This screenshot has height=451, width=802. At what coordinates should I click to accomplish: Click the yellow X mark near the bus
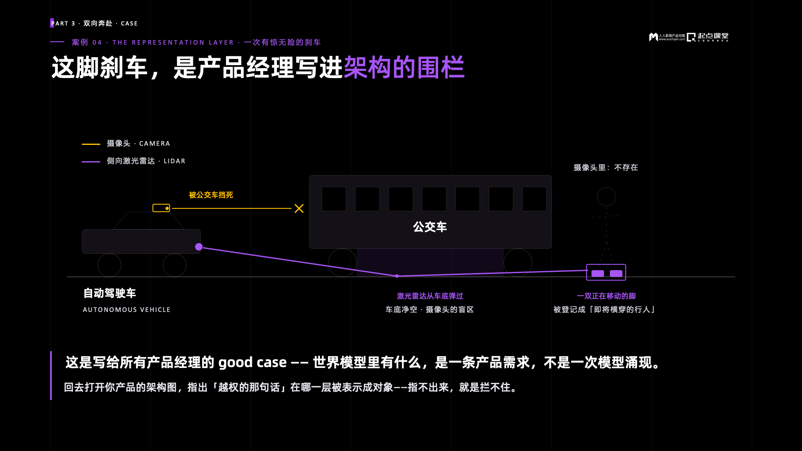coord(299,208)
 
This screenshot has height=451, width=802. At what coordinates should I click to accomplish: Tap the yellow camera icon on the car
coord(161,208)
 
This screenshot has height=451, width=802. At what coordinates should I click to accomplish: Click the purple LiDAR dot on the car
coord(199,247)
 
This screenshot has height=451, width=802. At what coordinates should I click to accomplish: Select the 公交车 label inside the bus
coord(430,227)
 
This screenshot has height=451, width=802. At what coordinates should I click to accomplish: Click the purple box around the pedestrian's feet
coord(606,264)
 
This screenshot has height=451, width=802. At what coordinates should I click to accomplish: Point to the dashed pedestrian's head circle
coord(607,187)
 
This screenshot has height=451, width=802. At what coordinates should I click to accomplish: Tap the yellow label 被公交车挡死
coord(211,195)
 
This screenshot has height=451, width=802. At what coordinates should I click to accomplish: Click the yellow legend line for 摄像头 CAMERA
coord(91,144)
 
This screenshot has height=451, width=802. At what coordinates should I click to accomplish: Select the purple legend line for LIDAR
coord(91,162)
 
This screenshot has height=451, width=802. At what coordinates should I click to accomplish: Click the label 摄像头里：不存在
coord(606,167)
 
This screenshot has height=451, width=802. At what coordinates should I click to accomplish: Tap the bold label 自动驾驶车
coord(110,293)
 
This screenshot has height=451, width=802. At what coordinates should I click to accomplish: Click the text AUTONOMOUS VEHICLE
coord(127,310)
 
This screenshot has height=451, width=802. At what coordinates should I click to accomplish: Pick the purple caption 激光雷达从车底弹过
coord(430,296)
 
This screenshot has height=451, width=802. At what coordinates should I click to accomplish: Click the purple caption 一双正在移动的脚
coord(606,296)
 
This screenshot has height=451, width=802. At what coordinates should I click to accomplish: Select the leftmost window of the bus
coord(334,199)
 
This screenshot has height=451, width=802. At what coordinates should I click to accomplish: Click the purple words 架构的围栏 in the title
coord(404,67)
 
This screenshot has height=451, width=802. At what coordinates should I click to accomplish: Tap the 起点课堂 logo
coord(708,37)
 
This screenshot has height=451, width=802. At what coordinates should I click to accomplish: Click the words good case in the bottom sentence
coord(252,362)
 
